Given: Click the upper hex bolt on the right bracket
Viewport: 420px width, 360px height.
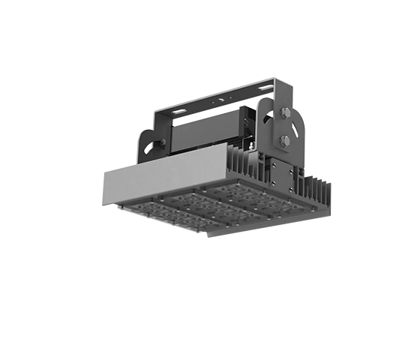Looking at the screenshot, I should [x=285, y=114].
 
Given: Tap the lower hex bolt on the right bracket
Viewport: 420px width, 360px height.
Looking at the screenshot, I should [x=285, y=140].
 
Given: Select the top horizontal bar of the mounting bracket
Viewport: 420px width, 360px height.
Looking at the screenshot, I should [x=217, y=99].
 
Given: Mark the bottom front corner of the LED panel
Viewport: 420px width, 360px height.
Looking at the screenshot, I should [x=208, y=234].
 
